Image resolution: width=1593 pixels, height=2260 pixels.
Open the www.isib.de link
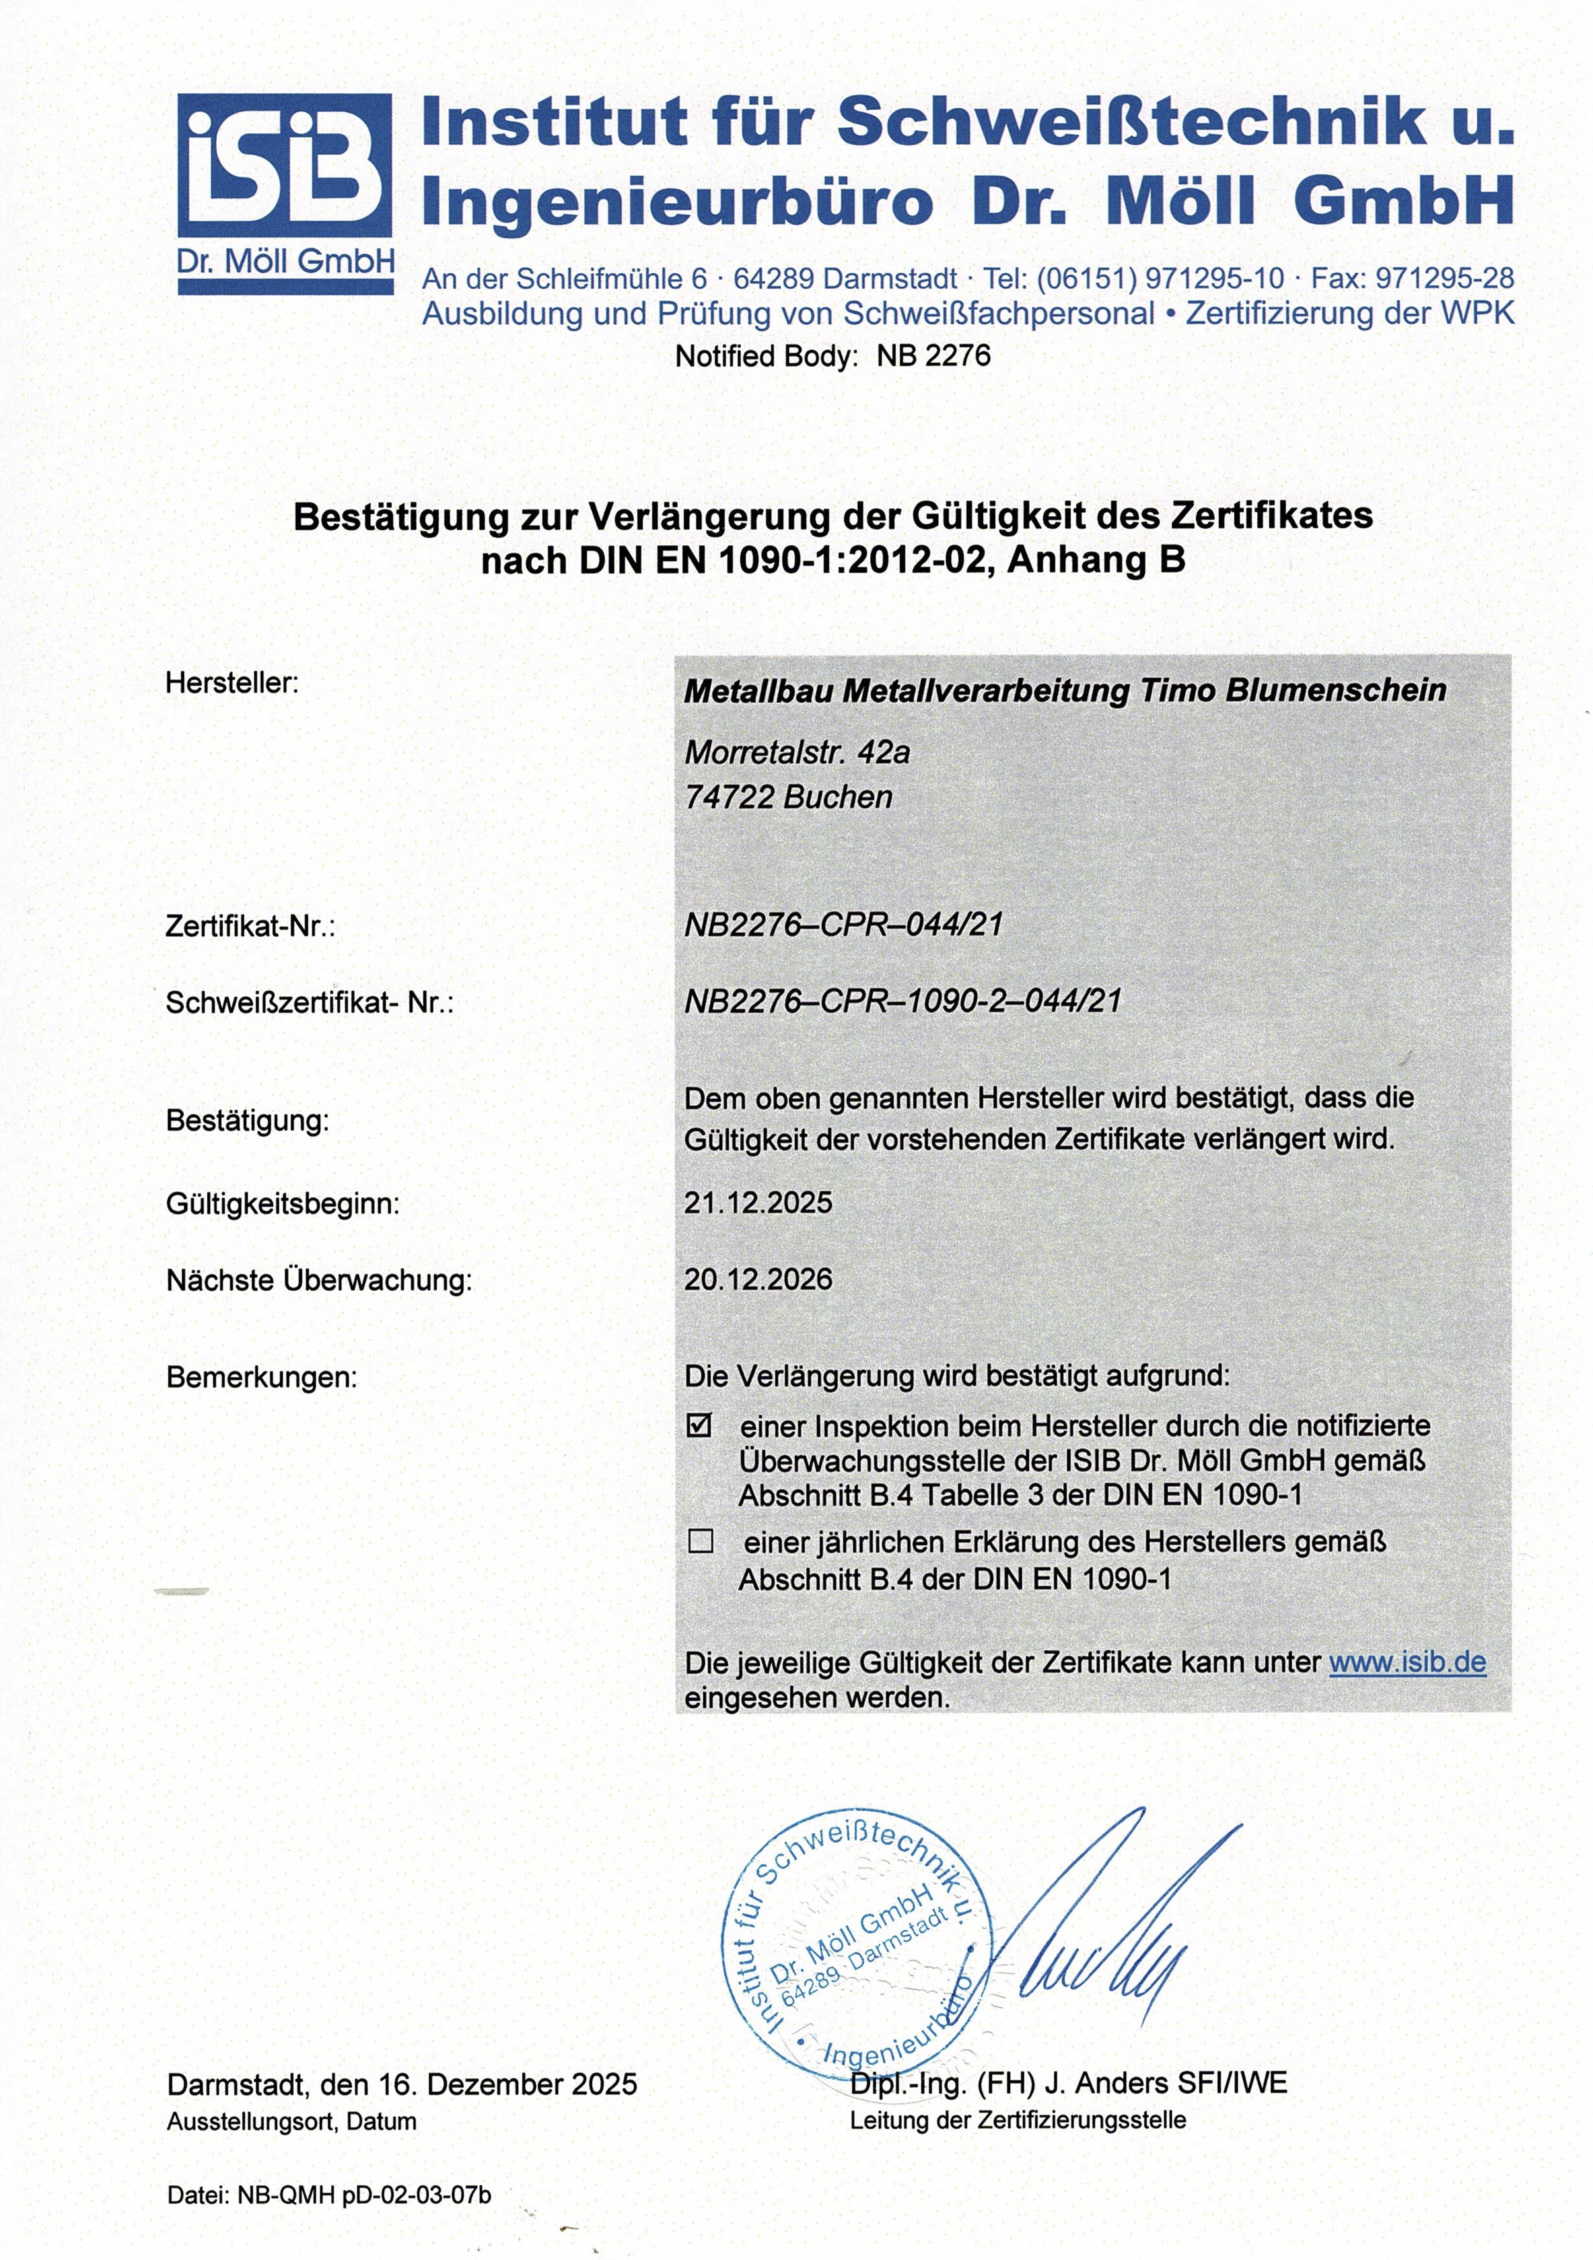(1407, 1663)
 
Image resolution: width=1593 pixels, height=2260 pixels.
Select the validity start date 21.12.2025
(758, 1203)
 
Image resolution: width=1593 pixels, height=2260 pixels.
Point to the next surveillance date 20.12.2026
(758, 1280)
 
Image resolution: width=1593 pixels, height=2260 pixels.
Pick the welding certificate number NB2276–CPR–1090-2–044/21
(903, 1001)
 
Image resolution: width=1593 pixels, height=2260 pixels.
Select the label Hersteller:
(231, 683)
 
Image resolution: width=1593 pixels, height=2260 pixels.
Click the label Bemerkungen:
(261, 1377)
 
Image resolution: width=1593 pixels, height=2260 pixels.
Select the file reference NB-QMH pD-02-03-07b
(364, 2195)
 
